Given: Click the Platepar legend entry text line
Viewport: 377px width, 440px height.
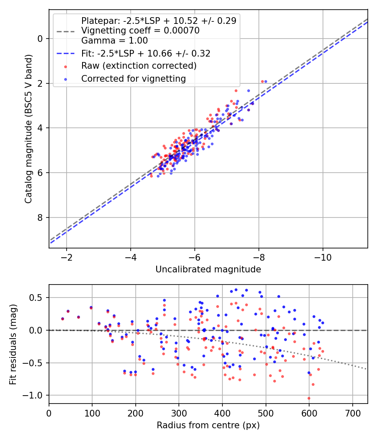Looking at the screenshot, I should coord(158,21).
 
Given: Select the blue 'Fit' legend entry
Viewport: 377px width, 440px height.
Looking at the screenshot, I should coord(146,54).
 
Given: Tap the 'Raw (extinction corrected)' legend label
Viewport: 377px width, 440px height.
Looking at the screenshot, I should coord(139,66).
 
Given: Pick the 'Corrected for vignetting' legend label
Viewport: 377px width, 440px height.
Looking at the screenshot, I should coord(134,78).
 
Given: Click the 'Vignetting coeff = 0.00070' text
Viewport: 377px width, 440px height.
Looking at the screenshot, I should coord(140,31).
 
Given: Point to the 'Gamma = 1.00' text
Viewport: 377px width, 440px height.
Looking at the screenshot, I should coord(114,41).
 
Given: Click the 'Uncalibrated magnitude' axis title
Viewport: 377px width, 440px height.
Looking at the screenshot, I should coord(208,269).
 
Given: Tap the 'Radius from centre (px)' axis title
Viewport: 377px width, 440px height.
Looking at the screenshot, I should coord(208,425).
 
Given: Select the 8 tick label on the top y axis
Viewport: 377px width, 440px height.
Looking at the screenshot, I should coord(40,217).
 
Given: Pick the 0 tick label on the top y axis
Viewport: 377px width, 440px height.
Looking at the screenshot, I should coord(40,39).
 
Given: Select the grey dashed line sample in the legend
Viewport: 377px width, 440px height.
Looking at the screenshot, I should coord(65,31).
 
